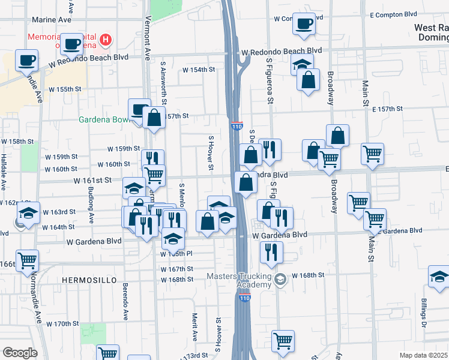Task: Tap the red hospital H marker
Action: (x=106, y=40)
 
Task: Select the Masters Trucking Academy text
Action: (x=239, y=280)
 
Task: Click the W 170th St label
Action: (x=63, y=324)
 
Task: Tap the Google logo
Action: (x=20, y=353)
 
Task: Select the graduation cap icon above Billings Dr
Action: (x=439, y=277)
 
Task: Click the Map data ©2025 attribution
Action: (x=423, y=355)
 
